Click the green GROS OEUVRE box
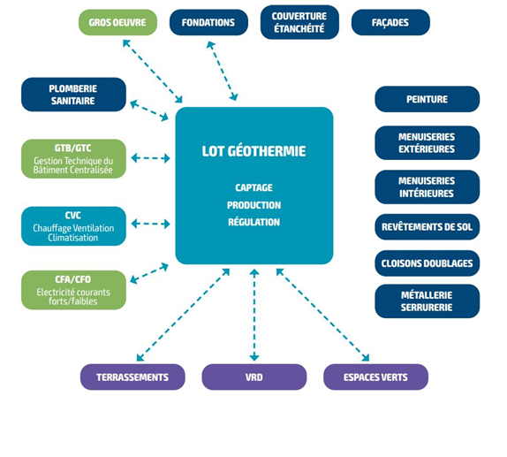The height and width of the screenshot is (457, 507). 117,22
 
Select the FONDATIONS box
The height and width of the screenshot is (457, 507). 208,22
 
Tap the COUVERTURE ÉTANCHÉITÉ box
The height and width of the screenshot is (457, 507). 299,22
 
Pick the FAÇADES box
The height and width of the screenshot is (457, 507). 390,22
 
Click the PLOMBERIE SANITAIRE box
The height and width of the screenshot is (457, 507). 73,95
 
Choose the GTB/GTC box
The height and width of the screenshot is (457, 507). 73,158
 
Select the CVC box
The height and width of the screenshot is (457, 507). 73,226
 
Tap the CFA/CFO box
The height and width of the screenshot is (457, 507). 73,290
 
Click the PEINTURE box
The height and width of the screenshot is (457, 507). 428,99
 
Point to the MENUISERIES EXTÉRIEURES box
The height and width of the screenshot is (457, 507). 428,142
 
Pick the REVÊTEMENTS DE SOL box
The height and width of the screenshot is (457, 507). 428,227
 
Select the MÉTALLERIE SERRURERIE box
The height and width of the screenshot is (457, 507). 428,301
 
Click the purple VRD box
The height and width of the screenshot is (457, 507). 254,377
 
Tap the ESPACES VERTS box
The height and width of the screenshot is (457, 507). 375,377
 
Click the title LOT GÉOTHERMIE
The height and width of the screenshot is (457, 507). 253,151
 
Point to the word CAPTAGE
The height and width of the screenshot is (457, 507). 253,187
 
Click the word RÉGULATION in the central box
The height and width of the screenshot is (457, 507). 253,222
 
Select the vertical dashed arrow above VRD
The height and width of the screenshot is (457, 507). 254,315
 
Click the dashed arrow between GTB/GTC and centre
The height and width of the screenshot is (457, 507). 151,158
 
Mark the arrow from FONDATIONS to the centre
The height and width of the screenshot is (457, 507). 223,71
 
